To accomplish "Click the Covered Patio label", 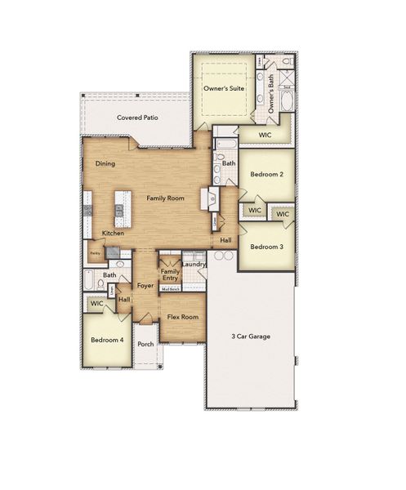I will [137, 118].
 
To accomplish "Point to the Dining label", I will [105, 163].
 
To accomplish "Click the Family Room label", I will [166, 198].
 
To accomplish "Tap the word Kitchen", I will [113, 234].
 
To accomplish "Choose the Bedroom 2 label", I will [266, 175].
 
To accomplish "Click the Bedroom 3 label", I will [266, 247].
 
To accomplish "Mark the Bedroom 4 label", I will [106, 339].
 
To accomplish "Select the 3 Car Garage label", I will [251, 336].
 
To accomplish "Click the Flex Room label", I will [183, 317].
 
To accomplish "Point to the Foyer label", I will [145, 286].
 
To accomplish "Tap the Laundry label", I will [194, 264].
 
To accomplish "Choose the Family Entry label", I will [170, 275].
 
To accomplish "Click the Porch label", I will [145, 344].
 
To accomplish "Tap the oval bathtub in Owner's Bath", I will [287, 100].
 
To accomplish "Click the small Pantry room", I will [96, 253].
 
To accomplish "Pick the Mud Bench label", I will [170, 289].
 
